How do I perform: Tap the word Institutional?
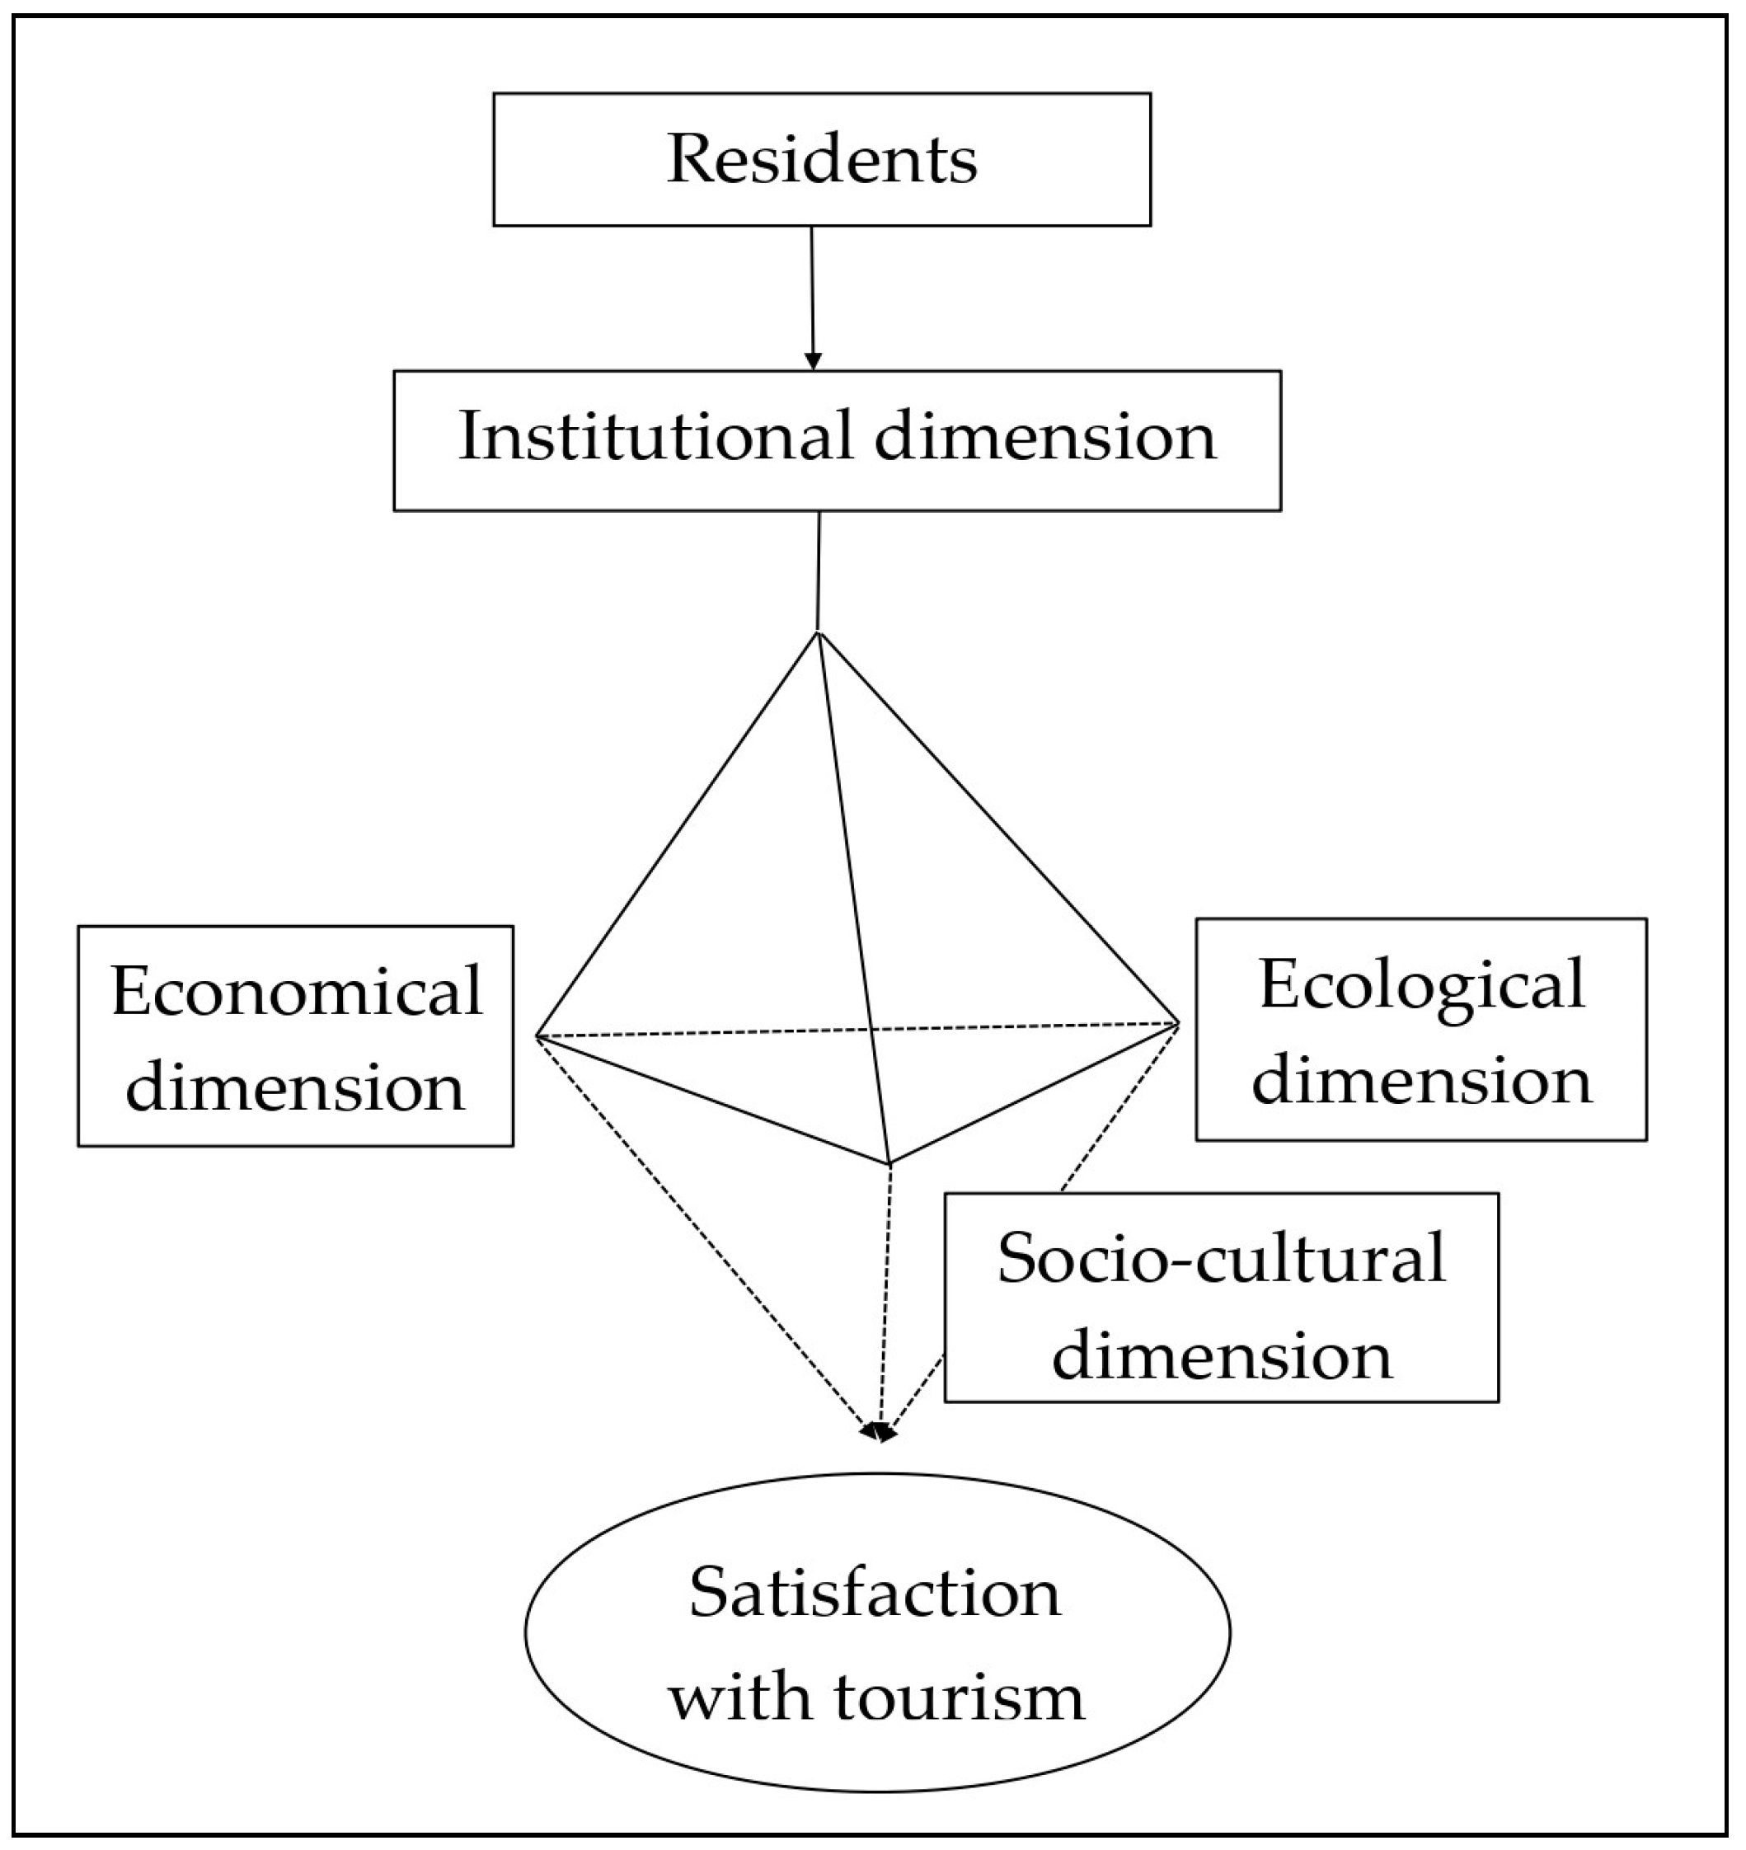(x=655, y=435)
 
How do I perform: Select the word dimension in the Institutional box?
(x=1045, y=435)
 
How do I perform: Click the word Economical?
(x=296, y=990)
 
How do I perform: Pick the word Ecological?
(x=1421, y=984)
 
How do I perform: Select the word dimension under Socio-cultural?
(x=1221, y=1355)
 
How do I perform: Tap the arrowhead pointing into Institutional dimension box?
(x=814, y=361)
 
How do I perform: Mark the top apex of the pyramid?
(x=818, y=633)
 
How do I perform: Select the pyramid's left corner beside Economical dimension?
(x=537, y=1035)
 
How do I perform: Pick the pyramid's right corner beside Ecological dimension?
(x=1178, y=1024)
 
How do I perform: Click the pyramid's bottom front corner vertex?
(x=890, y=1163)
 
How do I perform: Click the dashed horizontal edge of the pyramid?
(x=707, y=1032)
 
